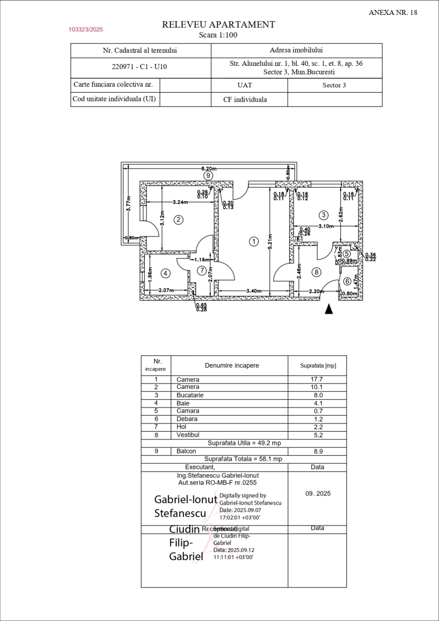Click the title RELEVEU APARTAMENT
click(218, 25)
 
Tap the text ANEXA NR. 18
click(393, 12)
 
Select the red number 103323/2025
click(86, 30)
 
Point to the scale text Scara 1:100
click(218, 35)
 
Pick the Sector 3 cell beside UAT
click(334, 85)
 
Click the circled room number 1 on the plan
click(253, 241)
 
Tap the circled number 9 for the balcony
click(208, 176)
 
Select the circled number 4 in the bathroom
click(166, 273)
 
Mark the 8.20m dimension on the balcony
click(209, 168)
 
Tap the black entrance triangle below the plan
click(328, 309)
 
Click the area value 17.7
click(317, 379)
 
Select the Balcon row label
click(186, 451)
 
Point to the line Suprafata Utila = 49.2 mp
click(243, 443)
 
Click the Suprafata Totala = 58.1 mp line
click(243, 459)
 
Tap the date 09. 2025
click(318, 494)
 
